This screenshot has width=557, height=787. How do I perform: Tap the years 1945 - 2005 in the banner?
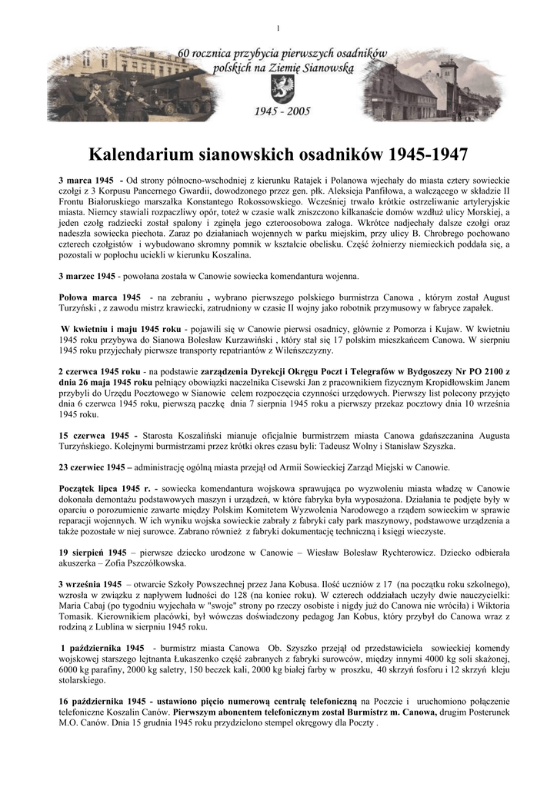[x=282, y=111]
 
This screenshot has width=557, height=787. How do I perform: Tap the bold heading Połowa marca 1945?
[x=100, y=297]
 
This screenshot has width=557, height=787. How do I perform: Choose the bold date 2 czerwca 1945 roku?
[x=99, y=371]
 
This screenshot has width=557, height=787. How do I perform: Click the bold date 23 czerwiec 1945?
[x=92, y=467]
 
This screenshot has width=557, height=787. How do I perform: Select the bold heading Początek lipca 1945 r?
[x=108, y=489]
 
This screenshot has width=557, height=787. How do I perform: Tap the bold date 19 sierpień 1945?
[x=93, y=553]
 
